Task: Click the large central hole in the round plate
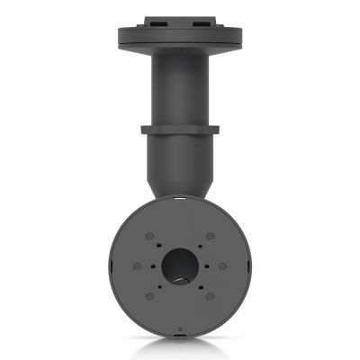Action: click(x=180, y=266)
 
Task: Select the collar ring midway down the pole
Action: click(x=180, y=131)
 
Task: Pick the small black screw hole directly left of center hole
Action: click(x=154, y=266)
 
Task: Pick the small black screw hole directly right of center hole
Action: click(x=207, y=266)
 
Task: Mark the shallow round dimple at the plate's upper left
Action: click(x=149, y=236)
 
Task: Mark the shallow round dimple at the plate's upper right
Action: click(x=211, y=236)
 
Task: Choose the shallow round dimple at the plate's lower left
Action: click(x=149, y=297)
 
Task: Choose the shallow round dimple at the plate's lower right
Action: click(x=211, y=297)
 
